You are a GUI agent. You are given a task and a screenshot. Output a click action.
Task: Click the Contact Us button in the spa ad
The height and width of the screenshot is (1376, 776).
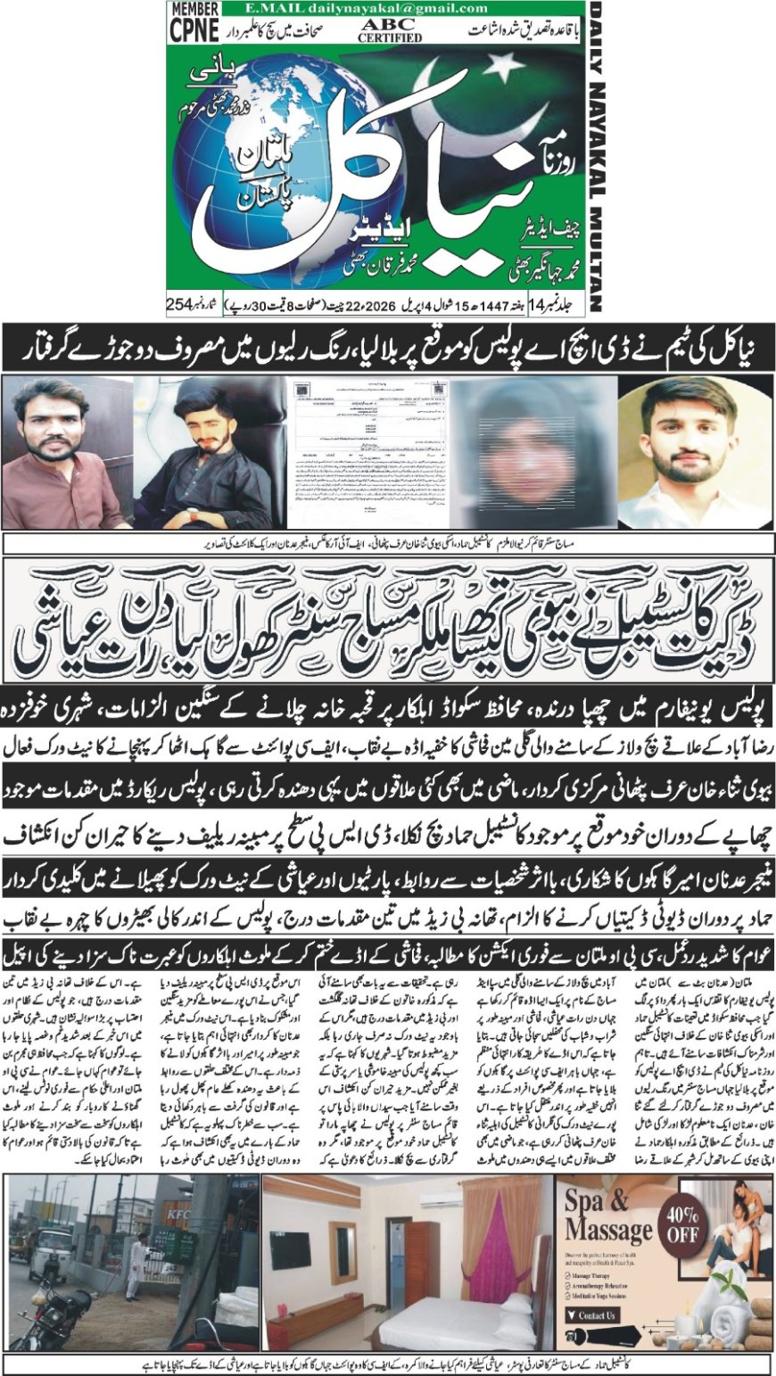click(596, 1315)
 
